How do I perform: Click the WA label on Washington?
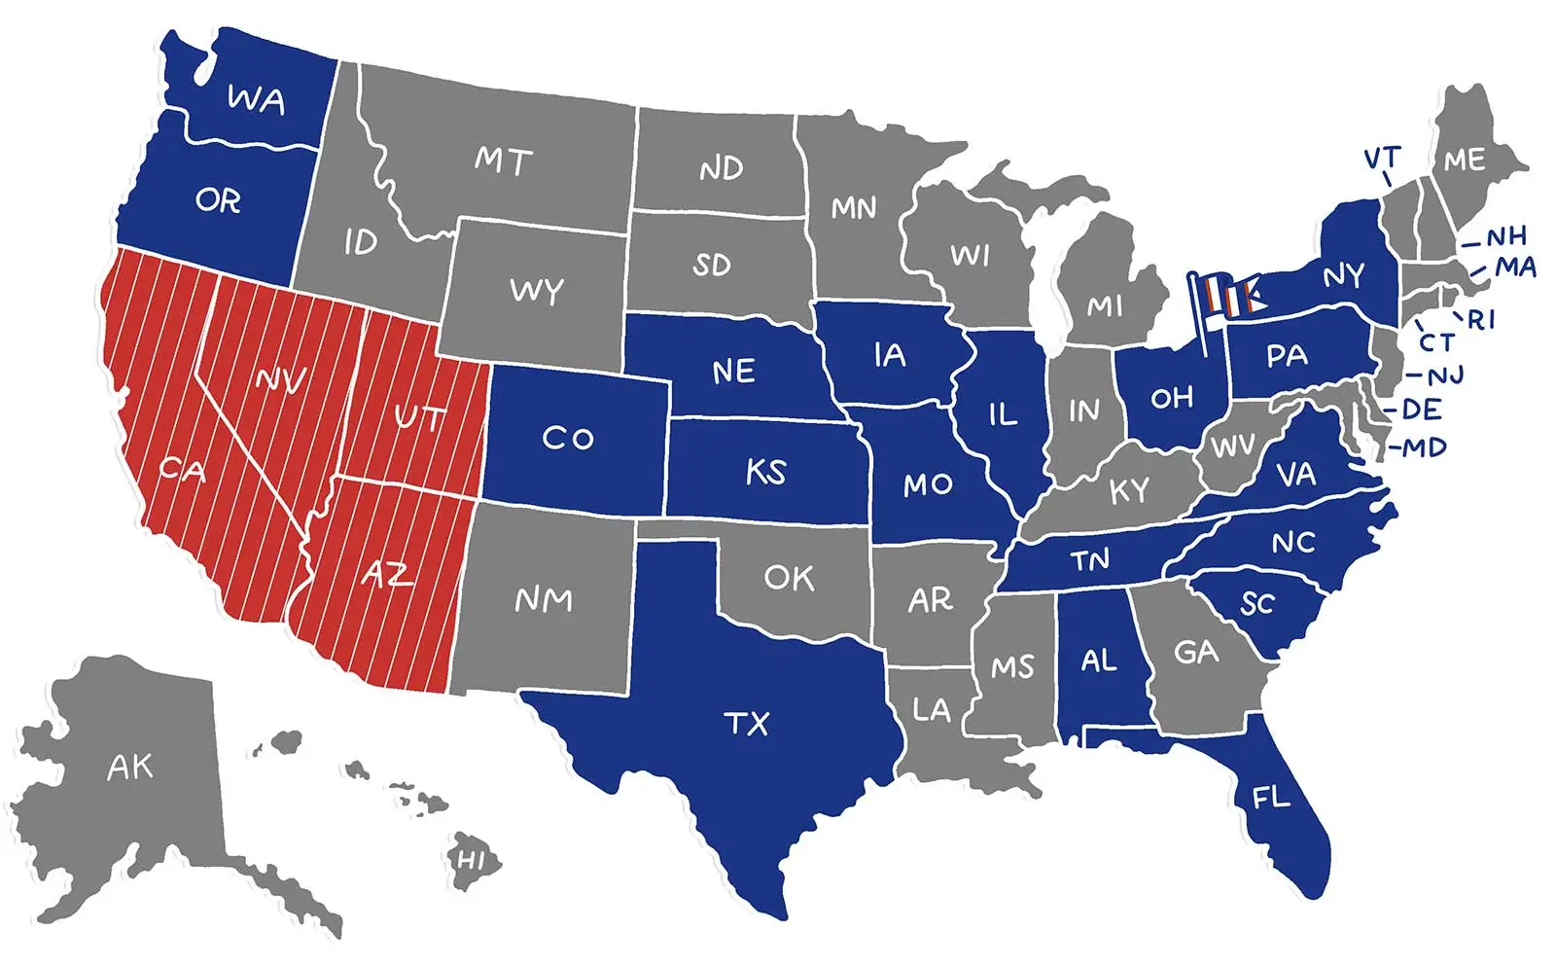pyautogui.click(x=256, y=99)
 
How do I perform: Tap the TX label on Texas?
pyautogui.click(x=747, y=724)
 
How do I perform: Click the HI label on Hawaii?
pyautogui.click(x=471, y=860)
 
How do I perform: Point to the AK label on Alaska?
pyautogui.click(x=129, y=768)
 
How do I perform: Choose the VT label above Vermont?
pyautogui.click(x=1382, y=158)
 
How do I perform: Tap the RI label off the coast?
pyautogui.click(x=1481, y=319)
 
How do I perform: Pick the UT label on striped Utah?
pyautogui.click(x=419, y=418)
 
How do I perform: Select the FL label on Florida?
pyautogui.click(x=1270, y=798)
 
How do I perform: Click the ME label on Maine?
pyautogui.click(x=1465, y=160)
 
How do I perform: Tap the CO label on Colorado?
pyautogui.click(x=568, y=439)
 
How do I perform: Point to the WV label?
pyautogui.click(x=1233, y=447)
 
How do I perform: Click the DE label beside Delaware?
pyautogui.click(x=1421, y=410)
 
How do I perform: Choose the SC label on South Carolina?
pyautogui.click(x=1256, y=604)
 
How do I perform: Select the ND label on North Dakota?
pyautogui.click(x=721, y=169)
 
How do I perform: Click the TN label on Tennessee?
pyautogui.click(x=1090, y=560)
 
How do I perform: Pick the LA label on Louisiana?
pyautogui.click(x=931, y=709)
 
